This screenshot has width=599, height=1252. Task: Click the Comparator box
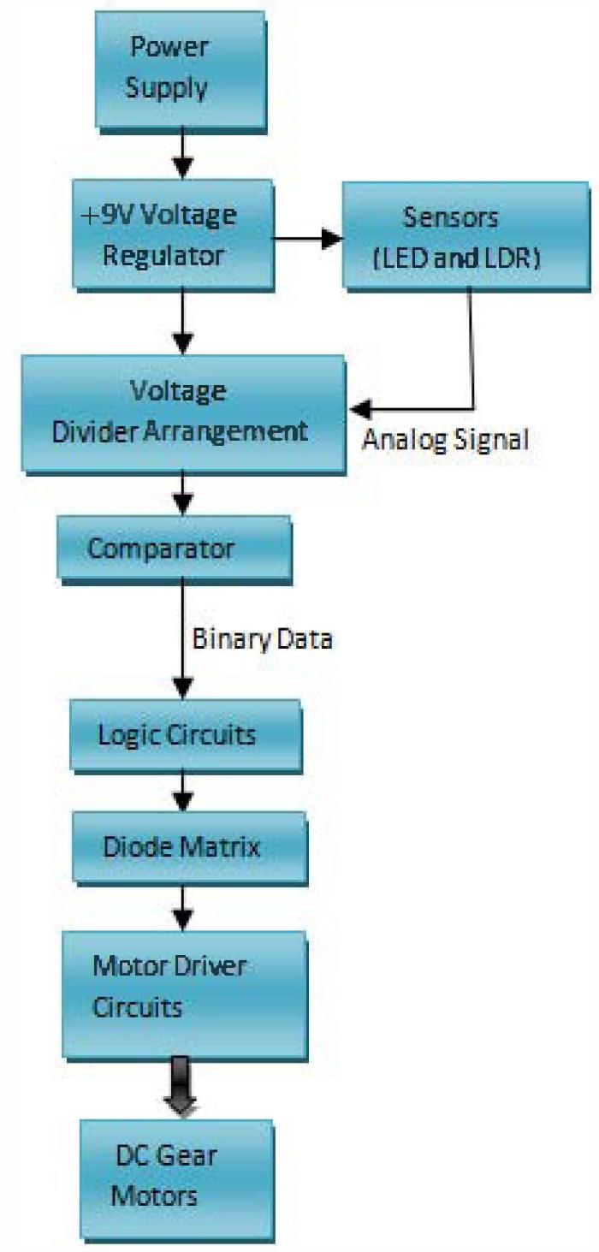174,548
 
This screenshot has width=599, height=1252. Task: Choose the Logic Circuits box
185,734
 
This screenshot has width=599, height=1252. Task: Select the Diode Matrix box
188,847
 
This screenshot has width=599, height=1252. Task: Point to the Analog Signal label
446,440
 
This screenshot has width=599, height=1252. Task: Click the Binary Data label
261,638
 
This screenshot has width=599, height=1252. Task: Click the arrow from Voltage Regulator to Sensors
306,239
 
